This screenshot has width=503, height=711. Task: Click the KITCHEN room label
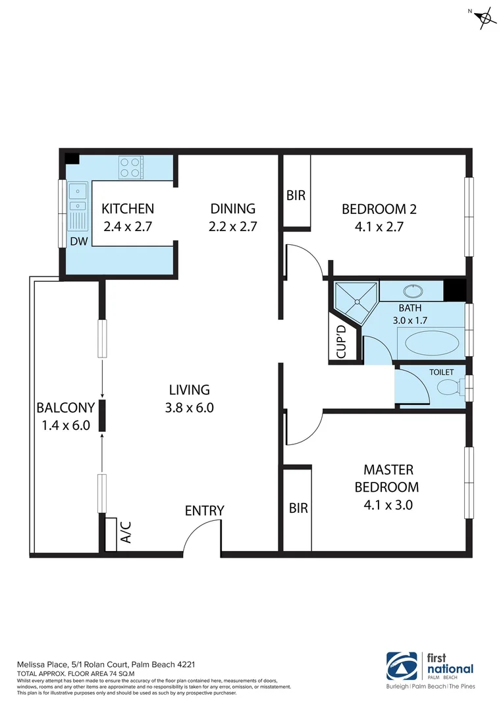click(x=128, y=209)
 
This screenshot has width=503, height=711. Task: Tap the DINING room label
click(x=232, y=209)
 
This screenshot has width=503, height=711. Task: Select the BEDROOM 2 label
click(x=379, y=209)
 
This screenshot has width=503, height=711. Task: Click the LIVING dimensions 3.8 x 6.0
click(x=190, y=408)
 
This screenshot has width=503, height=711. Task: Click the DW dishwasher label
click(x=78, y=242)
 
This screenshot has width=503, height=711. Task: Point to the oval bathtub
click(x=431, y=344)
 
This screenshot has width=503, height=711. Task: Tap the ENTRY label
click(x=204, y=510)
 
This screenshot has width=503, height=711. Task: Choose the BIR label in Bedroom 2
click(x=295, y=196)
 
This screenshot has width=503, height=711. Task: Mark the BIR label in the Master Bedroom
click(x=298, y=508)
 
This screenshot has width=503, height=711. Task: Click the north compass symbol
click(x=485, y=18)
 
